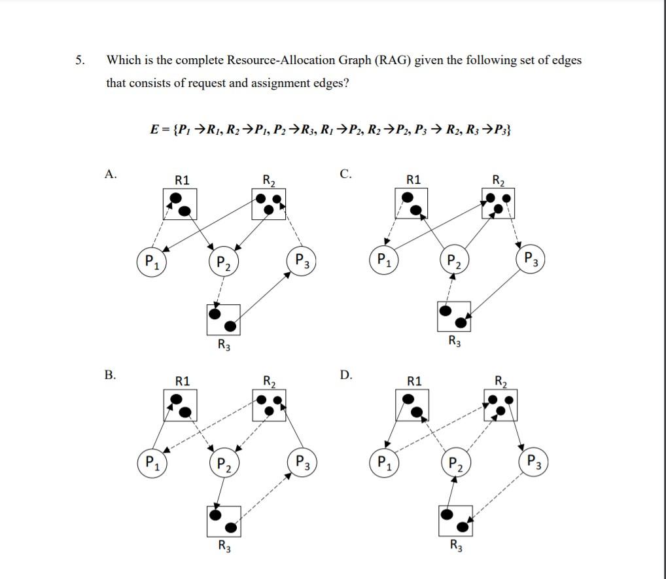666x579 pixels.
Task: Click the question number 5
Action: [79, 60]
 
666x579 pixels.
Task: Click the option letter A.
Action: [110, 173]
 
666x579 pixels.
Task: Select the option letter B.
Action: [110, 375]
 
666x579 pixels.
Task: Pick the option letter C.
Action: [346, 173]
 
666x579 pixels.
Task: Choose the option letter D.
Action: [346, 375]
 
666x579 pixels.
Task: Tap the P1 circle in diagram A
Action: [152, 262]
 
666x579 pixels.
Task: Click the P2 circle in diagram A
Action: [223, 263]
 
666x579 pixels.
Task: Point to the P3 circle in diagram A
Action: [302, 260]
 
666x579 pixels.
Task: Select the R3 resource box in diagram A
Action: [223, 320]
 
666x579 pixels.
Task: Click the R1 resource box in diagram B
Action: [179, 406]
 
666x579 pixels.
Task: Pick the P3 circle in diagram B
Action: [302, 462]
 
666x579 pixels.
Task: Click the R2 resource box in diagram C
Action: [498, 203]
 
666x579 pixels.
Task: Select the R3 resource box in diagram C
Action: [454, 317]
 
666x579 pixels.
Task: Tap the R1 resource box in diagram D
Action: [412, 406]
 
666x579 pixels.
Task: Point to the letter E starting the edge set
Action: [154, 130]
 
